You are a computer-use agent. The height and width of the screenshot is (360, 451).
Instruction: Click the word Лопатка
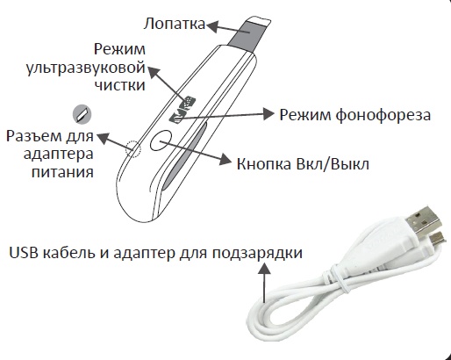pos(175,24)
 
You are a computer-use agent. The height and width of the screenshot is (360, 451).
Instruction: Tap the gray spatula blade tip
pos(248,32)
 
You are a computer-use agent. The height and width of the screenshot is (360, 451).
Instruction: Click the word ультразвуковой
pos(86,68)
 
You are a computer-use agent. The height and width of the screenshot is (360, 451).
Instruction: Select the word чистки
pos(120,85)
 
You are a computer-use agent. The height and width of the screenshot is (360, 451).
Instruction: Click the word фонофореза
pos(383,115)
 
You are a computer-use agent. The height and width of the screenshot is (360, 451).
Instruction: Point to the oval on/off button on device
pos(161,140)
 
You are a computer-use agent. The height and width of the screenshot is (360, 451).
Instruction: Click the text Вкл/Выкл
pos(333,164)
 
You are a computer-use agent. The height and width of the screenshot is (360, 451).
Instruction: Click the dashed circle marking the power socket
pos(133,148)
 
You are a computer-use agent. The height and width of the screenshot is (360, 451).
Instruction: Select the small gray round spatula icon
pos(82,114)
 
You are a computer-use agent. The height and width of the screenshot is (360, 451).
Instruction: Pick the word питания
pos(62,172)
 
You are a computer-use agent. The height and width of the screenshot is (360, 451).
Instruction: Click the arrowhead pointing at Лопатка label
pos(212,26)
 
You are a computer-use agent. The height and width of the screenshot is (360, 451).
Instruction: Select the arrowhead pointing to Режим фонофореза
pos(268,113)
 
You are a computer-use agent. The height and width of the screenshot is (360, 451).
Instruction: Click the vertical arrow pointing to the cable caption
pos(265,283)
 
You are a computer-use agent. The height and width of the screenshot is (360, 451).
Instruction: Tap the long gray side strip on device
pos(185,156)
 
